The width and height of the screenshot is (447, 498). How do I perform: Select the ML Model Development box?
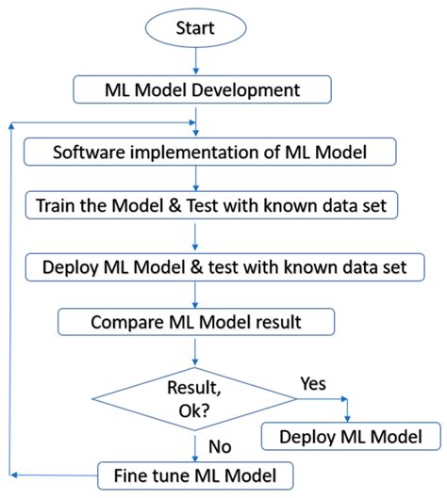[x=202, y=89]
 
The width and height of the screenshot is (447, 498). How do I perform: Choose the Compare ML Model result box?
[x=197, y=322]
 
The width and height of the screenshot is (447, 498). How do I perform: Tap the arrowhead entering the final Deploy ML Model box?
[x=348, y=417]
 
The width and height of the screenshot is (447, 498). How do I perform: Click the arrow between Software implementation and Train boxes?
[x=194, y=179]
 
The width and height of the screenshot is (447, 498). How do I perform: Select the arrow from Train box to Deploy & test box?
[x=194, y=235]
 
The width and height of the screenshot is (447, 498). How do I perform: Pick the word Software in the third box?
[x=91, y=153]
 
